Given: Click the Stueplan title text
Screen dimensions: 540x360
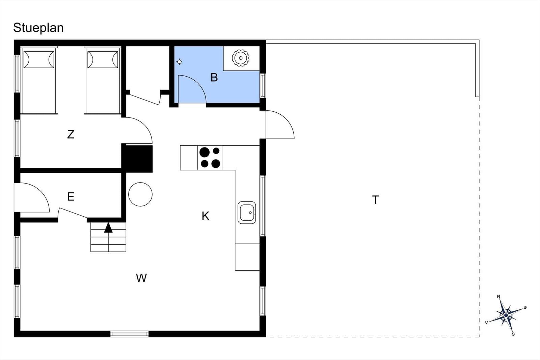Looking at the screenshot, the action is coord(38,28).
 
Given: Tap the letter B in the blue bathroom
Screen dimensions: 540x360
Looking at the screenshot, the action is coord(214,78).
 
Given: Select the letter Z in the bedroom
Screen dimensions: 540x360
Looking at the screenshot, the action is coord(71,135).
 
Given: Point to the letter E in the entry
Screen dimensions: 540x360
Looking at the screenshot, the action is coord(71,197).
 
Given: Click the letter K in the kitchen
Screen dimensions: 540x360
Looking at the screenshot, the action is coord(206,216).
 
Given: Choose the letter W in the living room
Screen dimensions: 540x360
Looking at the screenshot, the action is coord(141,278).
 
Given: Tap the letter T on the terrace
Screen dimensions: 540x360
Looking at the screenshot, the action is coord(376,200).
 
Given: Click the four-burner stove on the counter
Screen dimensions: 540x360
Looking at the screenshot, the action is coord(210,158).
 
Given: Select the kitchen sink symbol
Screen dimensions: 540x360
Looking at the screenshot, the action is coord(247,213).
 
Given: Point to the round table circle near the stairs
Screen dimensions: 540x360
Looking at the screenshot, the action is coord(140,194).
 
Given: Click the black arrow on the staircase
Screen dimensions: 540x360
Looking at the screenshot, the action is coord(108,227).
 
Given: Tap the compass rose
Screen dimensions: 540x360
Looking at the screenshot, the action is coord(506,315).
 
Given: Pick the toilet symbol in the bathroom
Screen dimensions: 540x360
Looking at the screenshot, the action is coord(241,58).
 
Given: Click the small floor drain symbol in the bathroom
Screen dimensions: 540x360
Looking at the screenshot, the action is coord(179,62).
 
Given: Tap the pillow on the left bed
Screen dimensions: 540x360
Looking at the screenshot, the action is coord(39,59).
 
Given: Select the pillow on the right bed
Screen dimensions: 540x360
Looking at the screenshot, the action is coord(103,59).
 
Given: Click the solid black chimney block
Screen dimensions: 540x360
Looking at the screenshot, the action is coord(137,159).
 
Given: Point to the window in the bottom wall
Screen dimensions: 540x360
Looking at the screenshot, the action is coord(130,334).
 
